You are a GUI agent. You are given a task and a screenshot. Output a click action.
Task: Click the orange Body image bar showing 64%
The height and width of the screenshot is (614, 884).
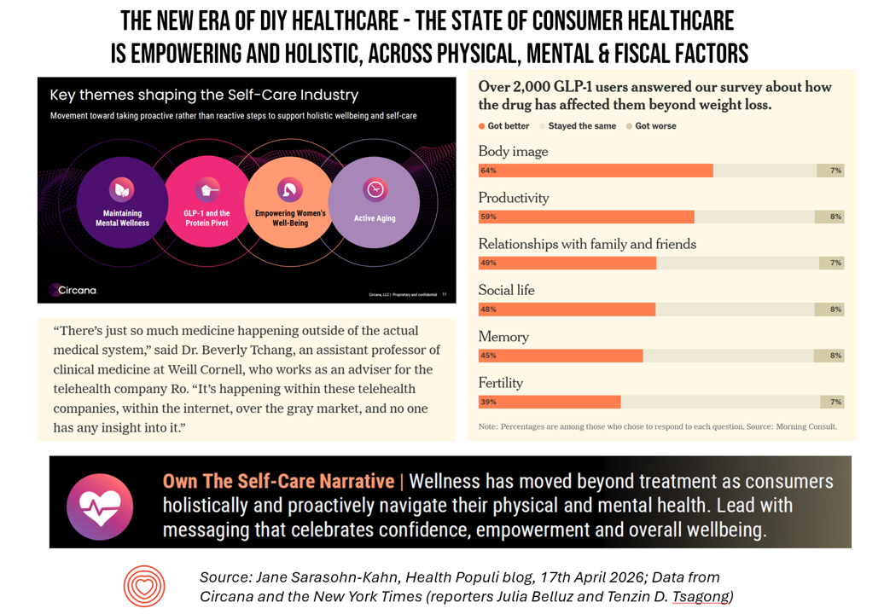(596, 171)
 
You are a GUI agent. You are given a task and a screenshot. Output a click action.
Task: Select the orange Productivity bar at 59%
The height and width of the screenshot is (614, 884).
(586, 217)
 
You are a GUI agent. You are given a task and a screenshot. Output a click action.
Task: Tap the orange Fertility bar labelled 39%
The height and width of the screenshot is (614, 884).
(550, 402)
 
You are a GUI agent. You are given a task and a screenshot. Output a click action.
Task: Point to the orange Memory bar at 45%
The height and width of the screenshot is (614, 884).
(561, 356)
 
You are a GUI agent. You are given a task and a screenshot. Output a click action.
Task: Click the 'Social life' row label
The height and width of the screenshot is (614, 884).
(506, 290)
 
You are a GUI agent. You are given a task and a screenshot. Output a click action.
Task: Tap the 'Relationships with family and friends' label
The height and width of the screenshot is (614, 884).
(587, 244)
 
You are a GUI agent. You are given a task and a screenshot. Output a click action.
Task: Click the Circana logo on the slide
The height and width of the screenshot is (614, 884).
(73, 290)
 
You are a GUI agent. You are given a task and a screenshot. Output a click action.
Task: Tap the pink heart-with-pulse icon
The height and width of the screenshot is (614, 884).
(99, 507)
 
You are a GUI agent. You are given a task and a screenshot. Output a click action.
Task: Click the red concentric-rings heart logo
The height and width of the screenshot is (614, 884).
(144, 586)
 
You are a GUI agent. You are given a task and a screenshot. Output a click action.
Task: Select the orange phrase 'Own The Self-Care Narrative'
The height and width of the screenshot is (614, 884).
(278, 482)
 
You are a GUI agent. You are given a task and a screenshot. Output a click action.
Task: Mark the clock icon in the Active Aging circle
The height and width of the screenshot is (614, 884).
(375, 189)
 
